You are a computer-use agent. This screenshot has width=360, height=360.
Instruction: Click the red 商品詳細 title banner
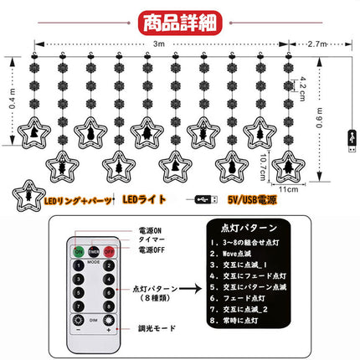click(180, 19)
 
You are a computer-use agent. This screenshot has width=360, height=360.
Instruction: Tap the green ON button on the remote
click(78, 249)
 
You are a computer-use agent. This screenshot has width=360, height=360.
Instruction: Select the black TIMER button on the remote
click(95, 249)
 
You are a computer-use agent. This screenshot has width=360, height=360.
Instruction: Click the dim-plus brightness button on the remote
click(78, 328)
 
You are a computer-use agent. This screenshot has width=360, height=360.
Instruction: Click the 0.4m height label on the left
click(9, 106)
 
